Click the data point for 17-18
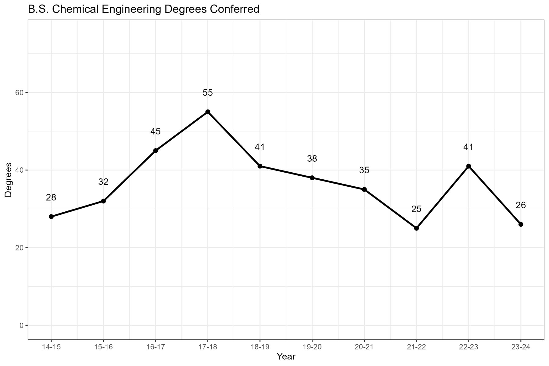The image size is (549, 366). tap(208, 112)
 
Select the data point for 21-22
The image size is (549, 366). tap(416, 228)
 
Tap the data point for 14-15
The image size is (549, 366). tap(51, 217)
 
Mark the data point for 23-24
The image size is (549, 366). tap(521, 224)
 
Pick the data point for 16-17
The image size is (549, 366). tap(156, 151)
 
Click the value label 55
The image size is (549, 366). tap(208, 93)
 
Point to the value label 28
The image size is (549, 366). tap(51, 198)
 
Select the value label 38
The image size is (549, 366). tap(312, 159)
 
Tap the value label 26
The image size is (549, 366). tap(521, 205)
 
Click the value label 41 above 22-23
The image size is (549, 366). tap(468, 147)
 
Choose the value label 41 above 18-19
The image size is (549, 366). tap(260, 147)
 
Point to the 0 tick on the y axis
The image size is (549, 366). tap(22, 325)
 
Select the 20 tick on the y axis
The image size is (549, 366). tap(20, 248)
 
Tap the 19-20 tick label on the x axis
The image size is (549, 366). tap(312, 347)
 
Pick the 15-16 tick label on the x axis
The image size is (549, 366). tap(103, 347)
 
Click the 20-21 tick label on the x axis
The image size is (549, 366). tap(364, 347)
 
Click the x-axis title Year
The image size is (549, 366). tap(286, 357)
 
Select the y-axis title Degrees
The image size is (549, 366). tap(9, 180)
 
